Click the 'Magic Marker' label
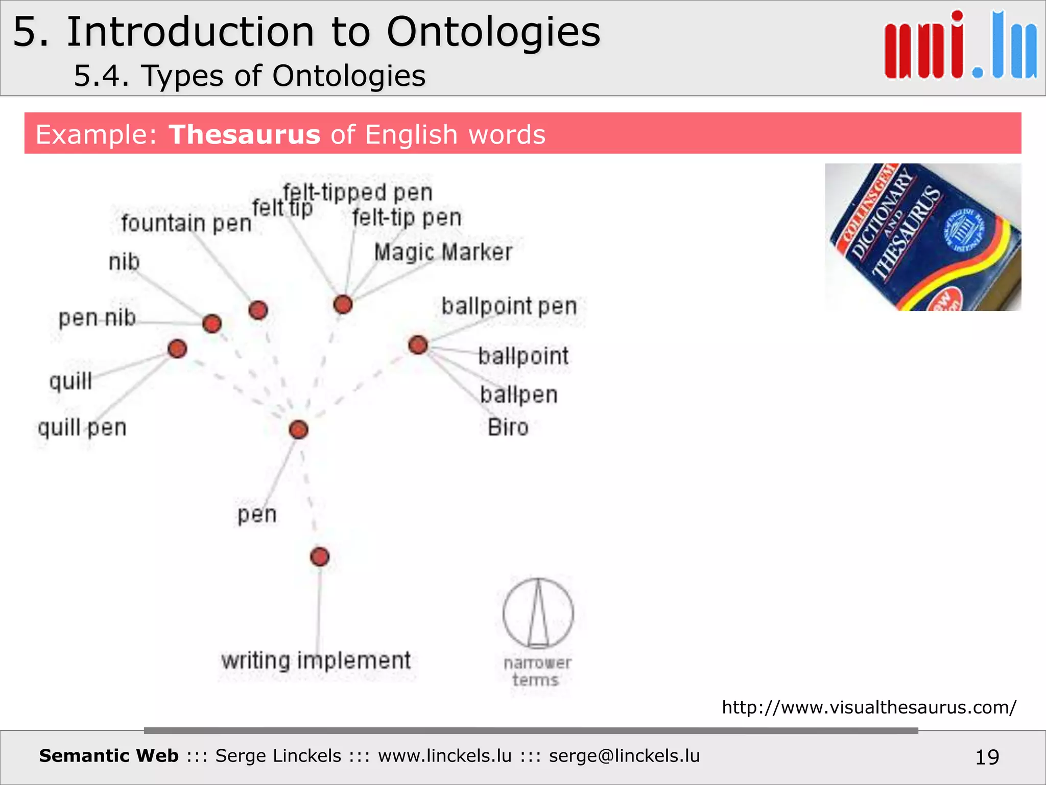pos(443,252)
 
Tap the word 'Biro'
pos(508,427)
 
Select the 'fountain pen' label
pos(186,223)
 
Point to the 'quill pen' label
pos(82,427)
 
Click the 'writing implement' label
pos(316,660)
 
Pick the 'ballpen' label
pos(518,395)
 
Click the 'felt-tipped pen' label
pos(358,193)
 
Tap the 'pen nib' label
pos(97,318)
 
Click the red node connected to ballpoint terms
pos(418,345)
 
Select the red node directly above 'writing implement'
pos(320,557)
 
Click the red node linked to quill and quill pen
pos(177,349)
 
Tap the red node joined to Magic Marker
pos(343,304)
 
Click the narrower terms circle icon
pos(538,613)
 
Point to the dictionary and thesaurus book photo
pos(923,237)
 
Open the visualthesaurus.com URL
pos(869,707)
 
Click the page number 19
pos(987,757)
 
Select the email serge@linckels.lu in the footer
pos(624,756)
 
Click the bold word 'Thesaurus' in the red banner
pos(245,134)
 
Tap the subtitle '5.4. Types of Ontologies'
pos(250,76)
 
